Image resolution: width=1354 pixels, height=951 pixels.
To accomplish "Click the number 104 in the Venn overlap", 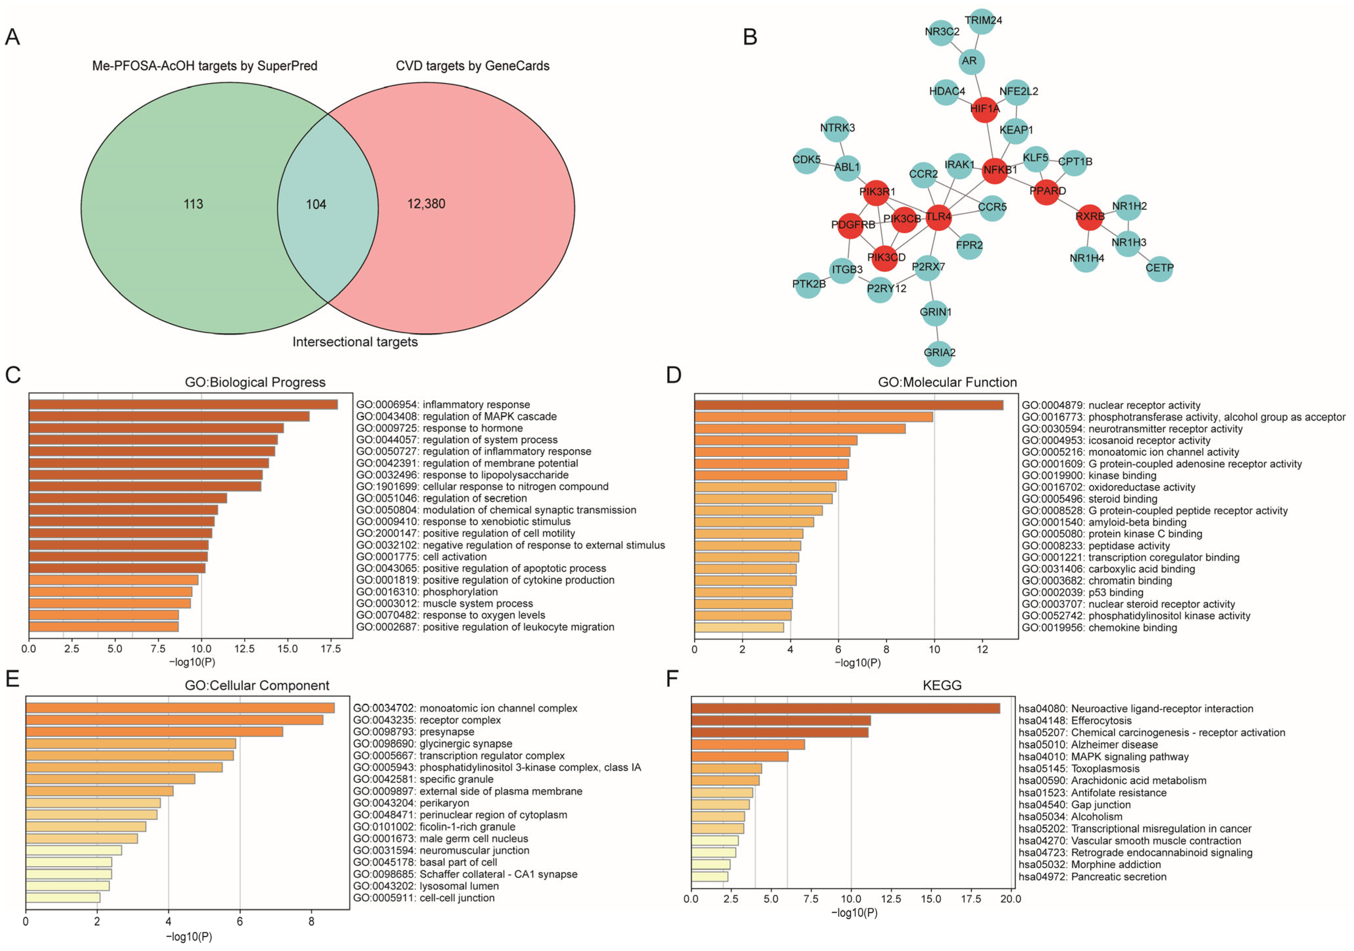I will pyautogui.click(x=316, y=204).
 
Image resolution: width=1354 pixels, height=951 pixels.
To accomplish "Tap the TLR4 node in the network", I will pyautogui.click(x=938, y=217).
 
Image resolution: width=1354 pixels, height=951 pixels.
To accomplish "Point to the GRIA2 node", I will pyautogui.click(x=939, y=353).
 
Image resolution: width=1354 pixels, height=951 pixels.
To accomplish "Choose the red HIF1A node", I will pyautogui.click(x=984, y=109).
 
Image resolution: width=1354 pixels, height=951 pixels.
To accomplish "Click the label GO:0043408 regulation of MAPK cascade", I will pyautogui.click(x=456, y=416).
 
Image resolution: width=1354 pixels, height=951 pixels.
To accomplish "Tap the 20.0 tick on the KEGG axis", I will pyautogui.click(x=1011, y=899).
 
